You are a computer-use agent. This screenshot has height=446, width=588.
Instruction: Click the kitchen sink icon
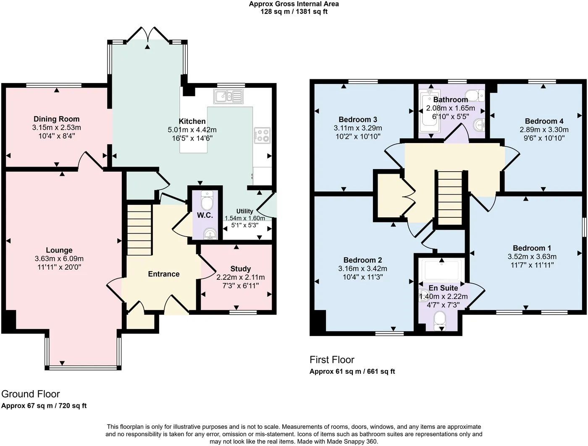228,97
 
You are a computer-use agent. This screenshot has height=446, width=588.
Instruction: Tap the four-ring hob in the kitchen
262,136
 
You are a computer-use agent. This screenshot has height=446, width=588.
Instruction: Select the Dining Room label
57,119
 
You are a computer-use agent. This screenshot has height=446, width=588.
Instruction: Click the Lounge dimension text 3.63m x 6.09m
59,259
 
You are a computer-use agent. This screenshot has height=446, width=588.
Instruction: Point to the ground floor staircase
139,230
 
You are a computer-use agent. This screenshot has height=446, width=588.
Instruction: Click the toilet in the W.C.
207,200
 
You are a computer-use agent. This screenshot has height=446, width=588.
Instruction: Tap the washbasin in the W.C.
210,234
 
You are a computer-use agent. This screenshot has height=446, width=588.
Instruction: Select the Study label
241,269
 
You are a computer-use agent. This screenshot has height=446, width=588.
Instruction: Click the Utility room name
244,211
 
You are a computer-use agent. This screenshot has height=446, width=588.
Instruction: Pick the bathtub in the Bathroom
429,111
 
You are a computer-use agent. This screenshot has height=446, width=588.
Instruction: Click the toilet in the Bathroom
475,96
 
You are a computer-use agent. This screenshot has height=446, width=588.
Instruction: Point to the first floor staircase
450,198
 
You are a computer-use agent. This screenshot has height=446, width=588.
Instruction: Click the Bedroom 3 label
358,119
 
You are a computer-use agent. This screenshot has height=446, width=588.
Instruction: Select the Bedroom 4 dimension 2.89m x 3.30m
544,130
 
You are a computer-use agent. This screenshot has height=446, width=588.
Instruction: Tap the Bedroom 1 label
532,248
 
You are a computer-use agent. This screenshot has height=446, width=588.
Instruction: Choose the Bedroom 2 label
363,260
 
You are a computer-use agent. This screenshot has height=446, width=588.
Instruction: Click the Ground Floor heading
31,394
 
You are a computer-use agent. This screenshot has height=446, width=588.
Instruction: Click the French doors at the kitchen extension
147,35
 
